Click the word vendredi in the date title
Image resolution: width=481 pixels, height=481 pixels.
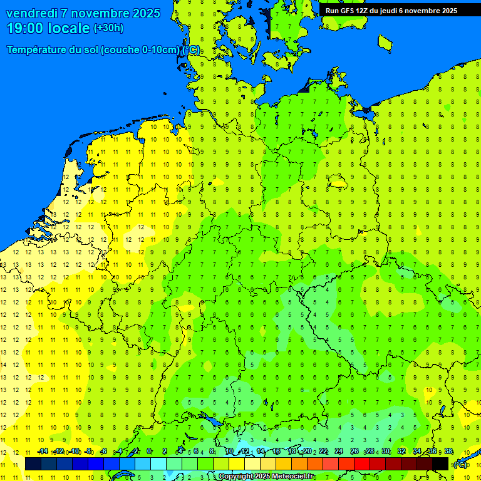pyautogui.click(x=32, y=13)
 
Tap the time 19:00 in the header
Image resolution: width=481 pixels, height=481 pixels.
pyautogui.click(x=26, y=28)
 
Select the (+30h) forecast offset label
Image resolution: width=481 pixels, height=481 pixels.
pyautogui.click(x=108, y=28)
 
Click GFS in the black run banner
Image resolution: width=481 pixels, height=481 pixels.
pyautogui.click(x=348, y=11)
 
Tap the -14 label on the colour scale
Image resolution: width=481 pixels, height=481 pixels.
pyautogui.click(x=43, y=452)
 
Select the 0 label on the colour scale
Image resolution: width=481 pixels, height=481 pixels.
pyautogui.click(x=149, y=452)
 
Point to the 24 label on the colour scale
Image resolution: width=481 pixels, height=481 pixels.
pyautogui.click(x=338, y=452)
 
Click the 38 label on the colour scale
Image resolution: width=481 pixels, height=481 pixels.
pyautogui.click(x=448, y=452)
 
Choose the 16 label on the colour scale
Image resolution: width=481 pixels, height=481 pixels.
pyautogui.click(x=276, y=452)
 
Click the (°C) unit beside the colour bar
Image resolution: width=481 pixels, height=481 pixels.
pyautogui.click(x=460, y=465)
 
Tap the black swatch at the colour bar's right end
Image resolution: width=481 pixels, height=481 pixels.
pyautogui.click(x=440, y=464)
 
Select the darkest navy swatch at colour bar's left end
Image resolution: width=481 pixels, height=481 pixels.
pyautogui.click(x=33, y=464)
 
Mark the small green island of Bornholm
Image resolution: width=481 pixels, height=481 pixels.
pyautogui.click(x=385, y=42)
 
